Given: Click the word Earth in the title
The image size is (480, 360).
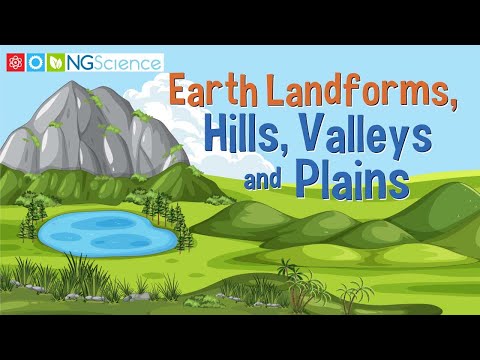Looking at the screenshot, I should (212, 92).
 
